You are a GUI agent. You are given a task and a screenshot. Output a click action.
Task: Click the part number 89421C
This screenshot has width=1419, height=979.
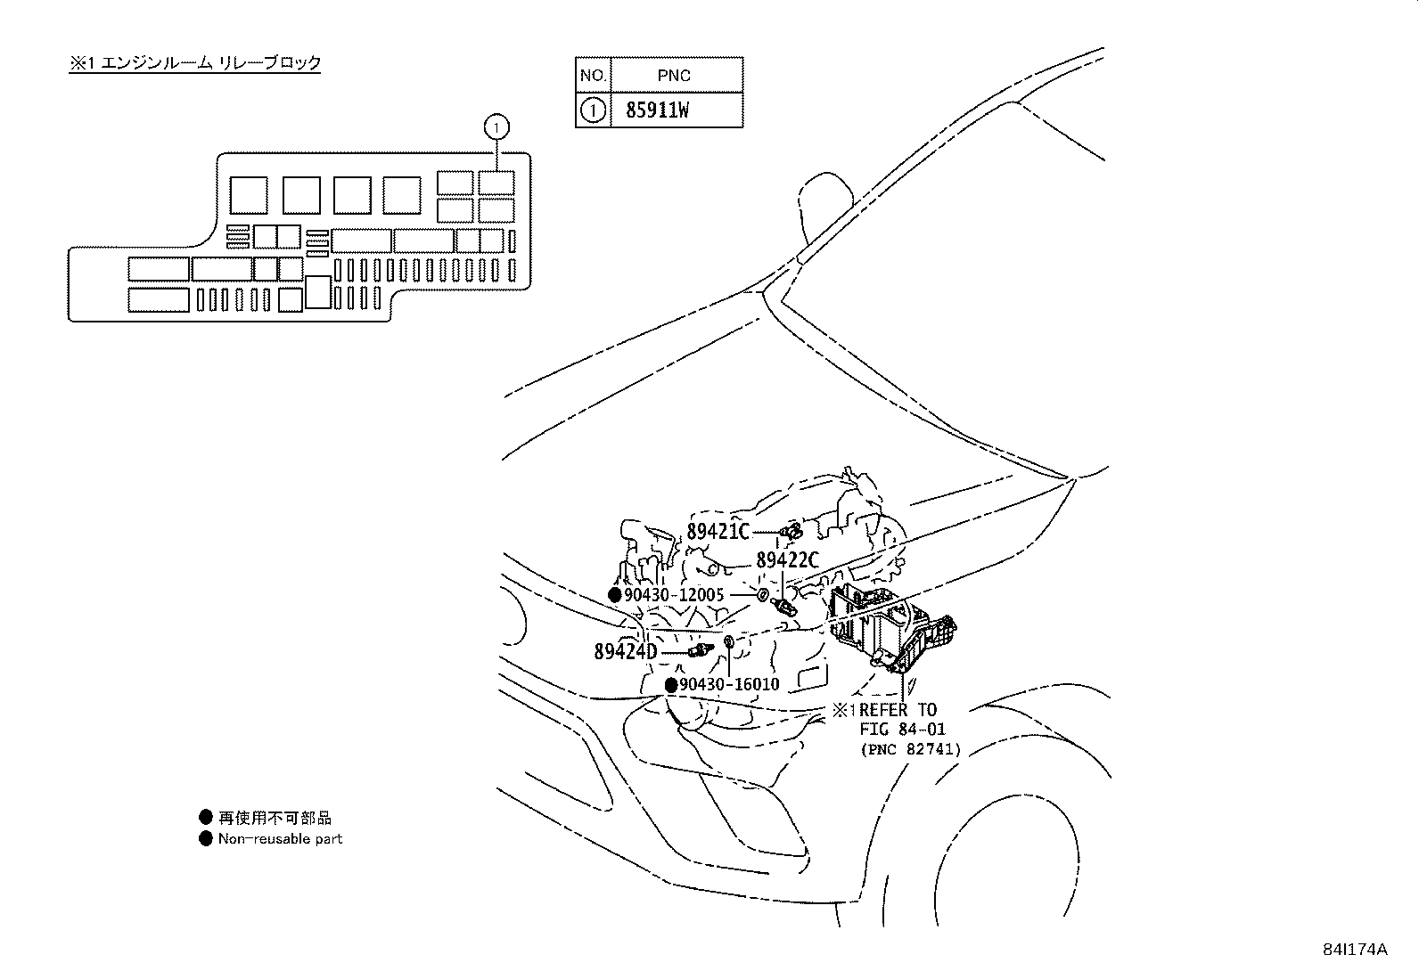coord(718,531)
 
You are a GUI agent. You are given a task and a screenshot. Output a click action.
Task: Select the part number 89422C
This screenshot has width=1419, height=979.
coord(787,559)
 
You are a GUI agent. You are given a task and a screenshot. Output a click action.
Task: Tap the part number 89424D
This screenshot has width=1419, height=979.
coord(625,651)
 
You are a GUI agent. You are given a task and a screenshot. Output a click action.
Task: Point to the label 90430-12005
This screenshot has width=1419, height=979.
coord(673,595)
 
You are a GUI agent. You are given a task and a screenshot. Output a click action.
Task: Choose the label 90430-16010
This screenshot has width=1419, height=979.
coord(729,684)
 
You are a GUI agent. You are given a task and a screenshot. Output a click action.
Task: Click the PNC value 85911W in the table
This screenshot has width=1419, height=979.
coord(657,110)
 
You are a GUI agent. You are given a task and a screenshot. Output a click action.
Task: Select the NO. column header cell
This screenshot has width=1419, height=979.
coord(593,75)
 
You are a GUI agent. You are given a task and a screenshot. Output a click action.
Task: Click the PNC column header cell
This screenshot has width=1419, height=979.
coord(677,75)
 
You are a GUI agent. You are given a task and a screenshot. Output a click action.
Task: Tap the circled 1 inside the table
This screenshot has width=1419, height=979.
coord(593,110)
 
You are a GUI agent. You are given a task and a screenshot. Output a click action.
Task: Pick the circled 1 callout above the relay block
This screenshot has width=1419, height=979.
coord(496,127)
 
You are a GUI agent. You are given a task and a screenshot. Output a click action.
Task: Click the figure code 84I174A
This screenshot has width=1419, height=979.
coord(1355,950)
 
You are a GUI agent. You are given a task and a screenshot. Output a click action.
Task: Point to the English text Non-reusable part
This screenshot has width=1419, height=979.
coord(280,838)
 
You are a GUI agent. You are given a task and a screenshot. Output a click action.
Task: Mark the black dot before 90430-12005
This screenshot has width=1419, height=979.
coord(614,595)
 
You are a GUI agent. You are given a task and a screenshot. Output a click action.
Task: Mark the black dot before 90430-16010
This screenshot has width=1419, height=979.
coord(671,684)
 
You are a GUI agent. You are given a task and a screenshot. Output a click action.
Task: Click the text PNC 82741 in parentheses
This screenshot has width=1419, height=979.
coord(911,749)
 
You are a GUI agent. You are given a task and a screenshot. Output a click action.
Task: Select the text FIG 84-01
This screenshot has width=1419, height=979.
coord(902,729)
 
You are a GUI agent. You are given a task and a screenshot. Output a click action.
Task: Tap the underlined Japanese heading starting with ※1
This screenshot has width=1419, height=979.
coord(195,62)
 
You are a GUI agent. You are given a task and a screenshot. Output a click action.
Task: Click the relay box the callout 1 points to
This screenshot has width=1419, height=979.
coord(496,183)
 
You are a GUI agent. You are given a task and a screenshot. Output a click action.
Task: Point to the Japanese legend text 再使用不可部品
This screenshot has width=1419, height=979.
coord(275,818)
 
